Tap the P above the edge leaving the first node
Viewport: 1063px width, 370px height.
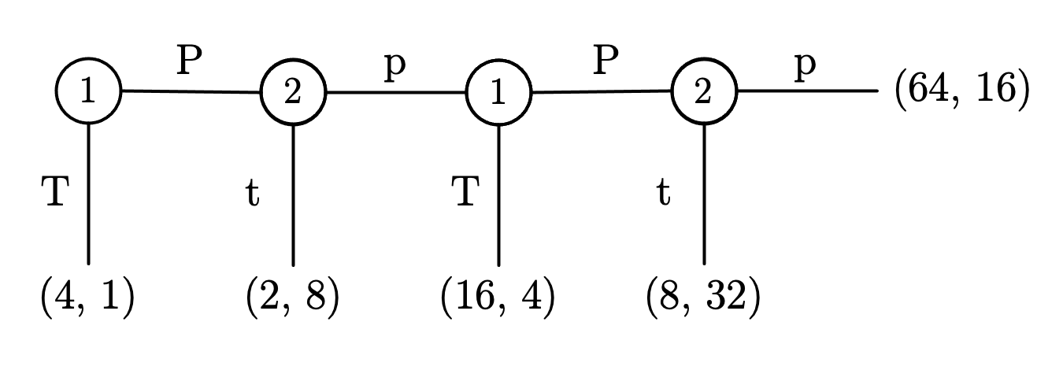click(x=189, y=61)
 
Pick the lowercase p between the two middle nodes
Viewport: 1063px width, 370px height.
click(x=394, y=66)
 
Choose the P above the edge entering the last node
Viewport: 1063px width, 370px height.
click(x=601, y=61)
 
